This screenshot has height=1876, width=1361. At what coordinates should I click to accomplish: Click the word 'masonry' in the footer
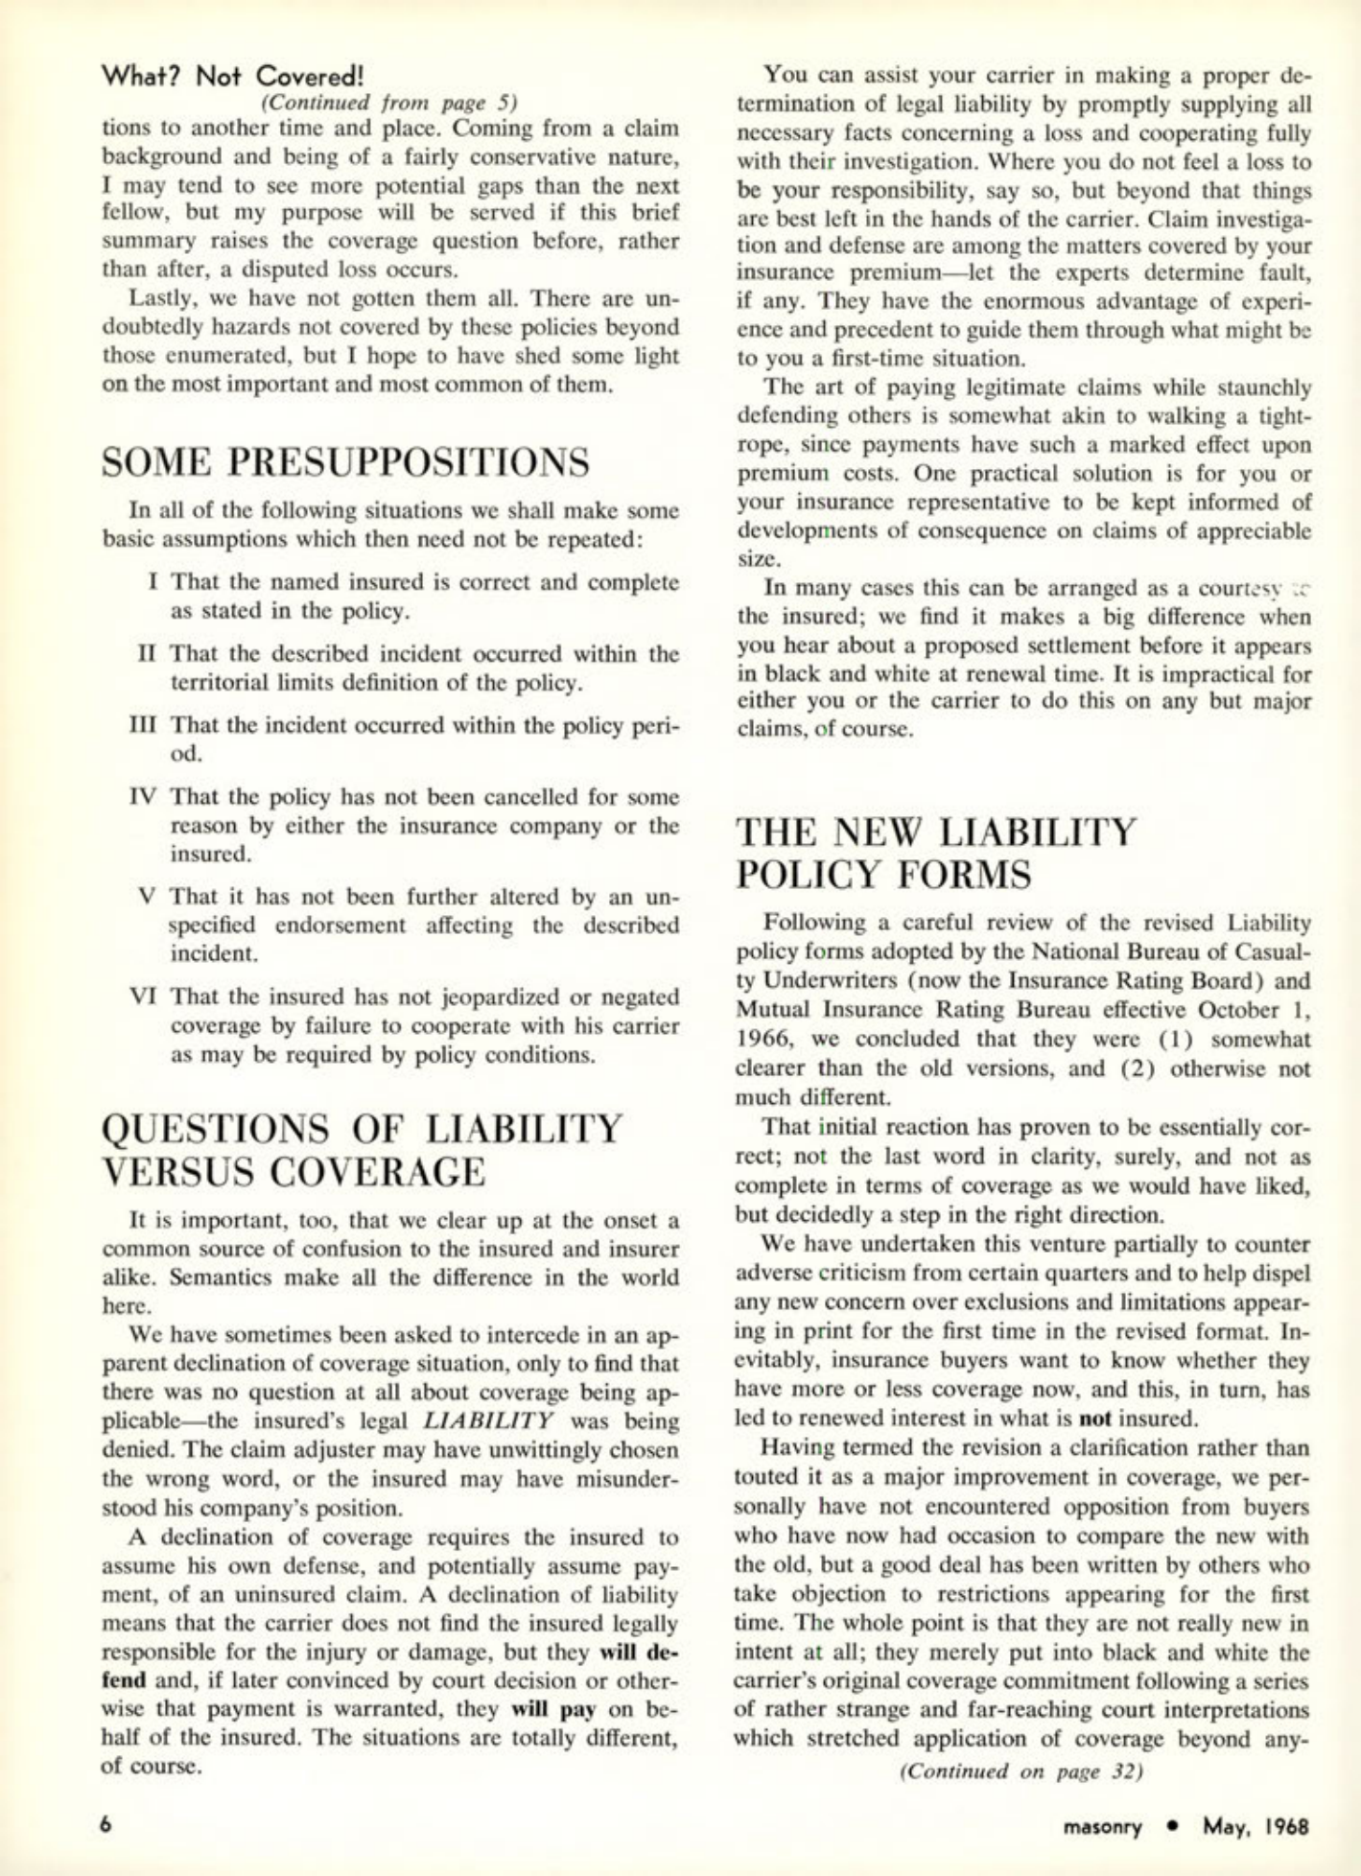(1103, 1826)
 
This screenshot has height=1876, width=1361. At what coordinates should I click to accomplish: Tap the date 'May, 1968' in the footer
(1255, 1826)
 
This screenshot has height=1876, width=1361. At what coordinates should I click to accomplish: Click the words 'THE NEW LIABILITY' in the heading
(935, 831)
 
